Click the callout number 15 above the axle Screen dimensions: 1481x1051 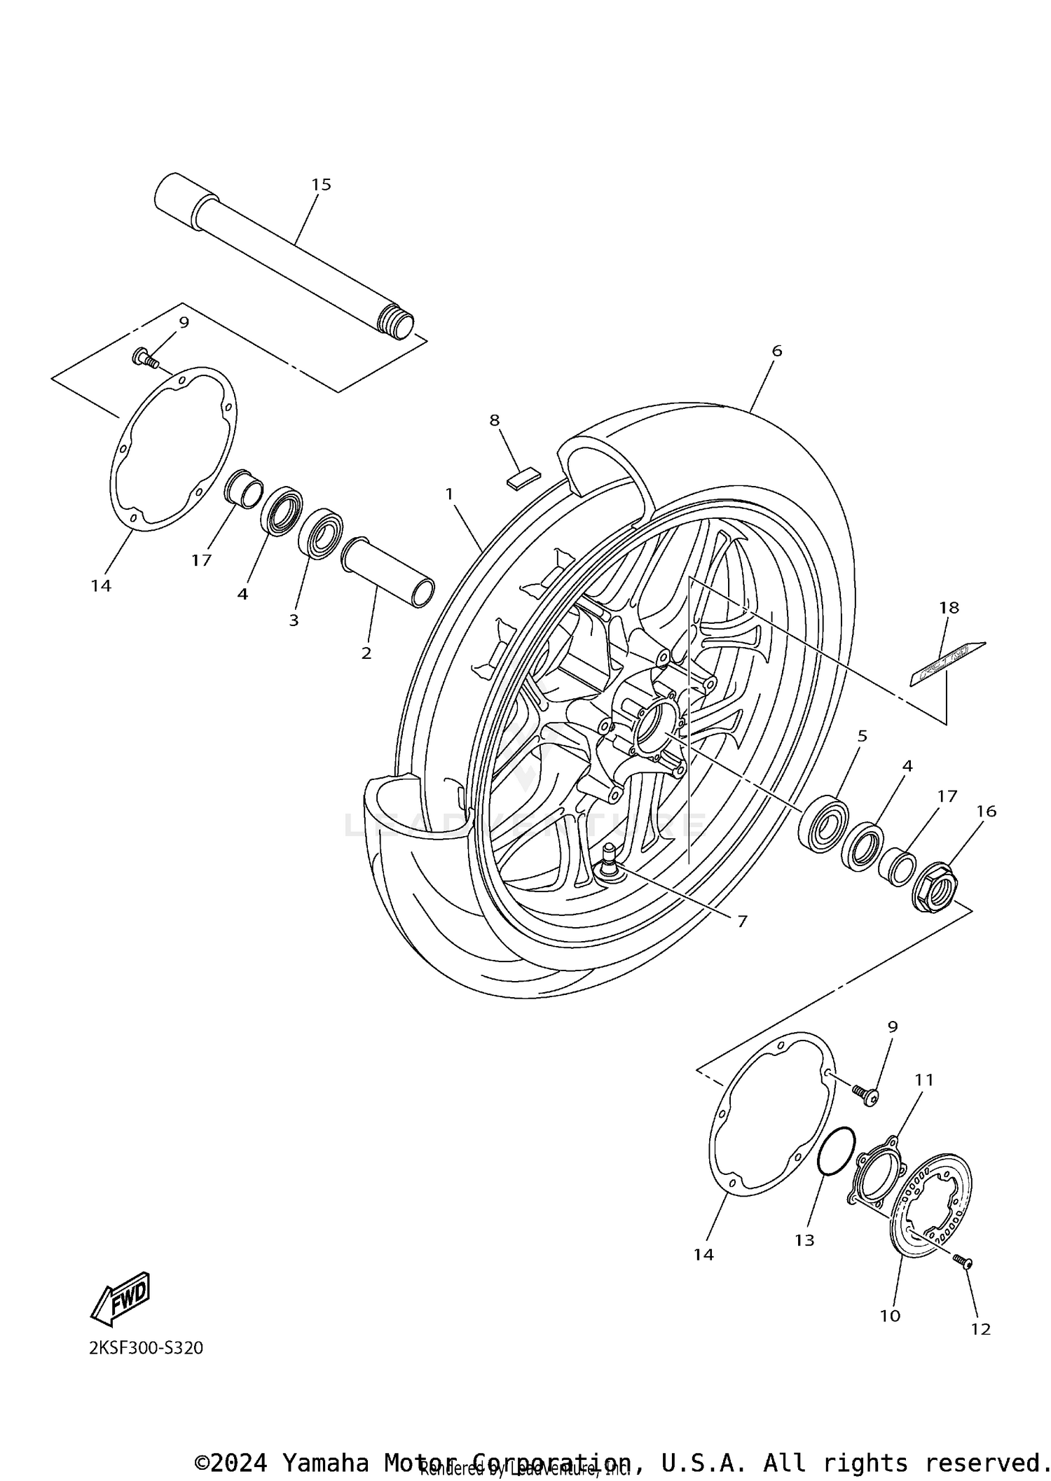coord(321,185)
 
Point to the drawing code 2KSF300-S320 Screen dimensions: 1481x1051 coord(146,1347)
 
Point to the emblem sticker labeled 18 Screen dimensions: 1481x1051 coord(947,664)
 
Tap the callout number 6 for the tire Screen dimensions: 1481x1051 coord(776,351)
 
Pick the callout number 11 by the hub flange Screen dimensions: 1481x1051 coord(924,1080)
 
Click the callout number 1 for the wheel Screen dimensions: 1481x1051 coord(449,494)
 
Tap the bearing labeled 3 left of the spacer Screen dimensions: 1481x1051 coord(320,534)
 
